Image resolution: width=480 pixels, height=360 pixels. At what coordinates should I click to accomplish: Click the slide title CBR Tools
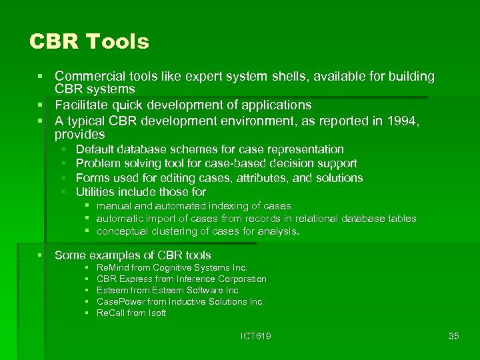pyautogui.click(x=89, y=42)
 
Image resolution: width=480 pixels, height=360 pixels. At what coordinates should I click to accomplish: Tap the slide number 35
pyautogui.click(x=454, y=336)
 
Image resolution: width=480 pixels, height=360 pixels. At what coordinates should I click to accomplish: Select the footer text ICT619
pyautogui.click(x=256, y=336)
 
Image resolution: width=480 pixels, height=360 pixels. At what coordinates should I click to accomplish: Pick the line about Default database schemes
pyautogui.click(x=209, y=149)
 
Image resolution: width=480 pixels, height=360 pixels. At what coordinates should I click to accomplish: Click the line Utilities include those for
pyautogui.click(x=141, y=192)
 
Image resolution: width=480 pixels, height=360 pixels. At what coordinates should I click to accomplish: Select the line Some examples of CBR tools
pyautogui.click(x=133, y=255)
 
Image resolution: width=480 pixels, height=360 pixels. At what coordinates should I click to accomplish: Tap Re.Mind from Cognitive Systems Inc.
pyautogui.click(x=172, y=267)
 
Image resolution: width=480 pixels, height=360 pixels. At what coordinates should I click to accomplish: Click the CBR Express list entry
pyautogui.click(x=181, y=279)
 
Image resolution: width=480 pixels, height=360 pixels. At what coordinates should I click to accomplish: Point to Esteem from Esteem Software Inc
pyautogui.click(x=167, y=290)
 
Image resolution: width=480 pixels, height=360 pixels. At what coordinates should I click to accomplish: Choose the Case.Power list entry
pyautogui.click(x=180, y=301)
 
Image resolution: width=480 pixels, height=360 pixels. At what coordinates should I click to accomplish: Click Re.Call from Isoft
pyautogui.click(x=131, y=313)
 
